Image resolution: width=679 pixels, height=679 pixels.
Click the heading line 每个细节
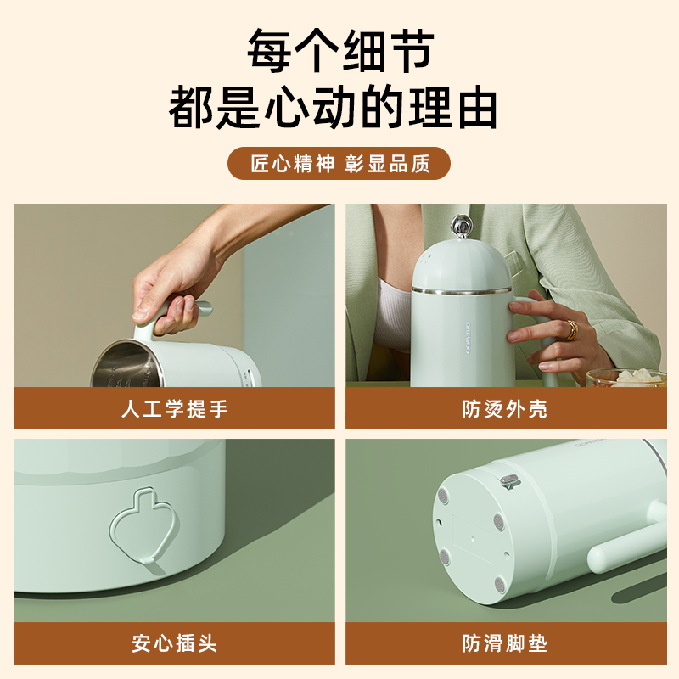[340, 51]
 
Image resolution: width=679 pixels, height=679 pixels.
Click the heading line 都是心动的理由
[333, 107]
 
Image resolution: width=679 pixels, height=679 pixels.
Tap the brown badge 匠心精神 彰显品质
[339, 163]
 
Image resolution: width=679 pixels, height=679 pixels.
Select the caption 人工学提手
[175, 409]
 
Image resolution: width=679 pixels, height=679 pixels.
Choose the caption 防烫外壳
[505, 409]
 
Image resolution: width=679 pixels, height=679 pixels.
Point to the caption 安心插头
[175, 643]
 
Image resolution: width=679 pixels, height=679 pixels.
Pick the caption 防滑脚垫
[505, 643]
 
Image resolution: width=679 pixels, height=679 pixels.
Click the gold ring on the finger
[571, 330]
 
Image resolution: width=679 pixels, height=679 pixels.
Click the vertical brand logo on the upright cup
[468, 338]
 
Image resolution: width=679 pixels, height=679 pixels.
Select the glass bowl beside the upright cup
[626, 378]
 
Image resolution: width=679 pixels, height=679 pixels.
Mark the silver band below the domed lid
[462, 289]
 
